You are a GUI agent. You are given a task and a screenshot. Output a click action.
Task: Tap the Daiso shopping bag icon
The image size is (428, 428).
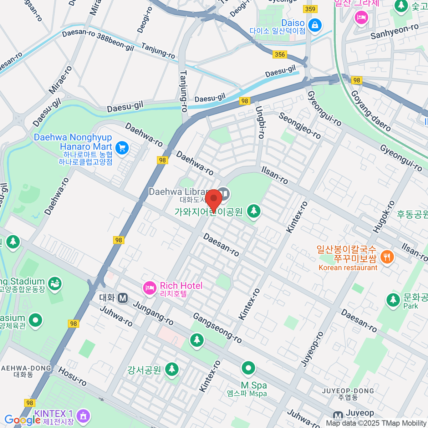coord(315,25)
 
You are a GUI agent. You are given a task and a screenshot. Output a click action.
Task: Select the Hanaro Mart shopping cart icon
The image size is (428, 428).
coord(122,148)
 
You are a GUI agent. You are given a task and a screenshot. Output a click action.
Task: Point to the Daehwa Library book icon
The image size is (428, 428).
coord(224,194)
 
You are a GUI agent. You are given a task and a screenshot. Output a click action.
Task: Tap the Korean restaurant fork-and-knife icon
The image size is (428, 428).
coord(387,257)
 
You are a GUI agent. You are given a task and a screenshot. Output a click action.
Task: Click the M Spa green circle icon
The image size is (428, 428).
coord(248,367)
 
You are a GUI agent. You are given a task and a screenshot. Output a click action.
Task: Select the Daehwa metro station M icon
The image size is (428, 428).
coord(123,297)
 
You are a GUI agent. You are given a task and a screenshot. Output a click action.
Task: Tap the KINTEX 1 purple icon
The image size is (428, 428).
coord(83,416)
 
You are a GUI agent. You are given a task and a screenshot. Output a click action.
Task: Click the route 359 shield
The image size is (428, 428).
coord(310,9)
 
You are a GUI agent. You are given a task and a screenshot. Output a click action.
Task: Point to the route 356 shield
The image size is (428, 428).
coord(280,54)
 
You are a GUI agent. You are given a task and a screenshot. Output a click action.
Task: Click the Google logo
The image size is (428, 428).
coord(22,420)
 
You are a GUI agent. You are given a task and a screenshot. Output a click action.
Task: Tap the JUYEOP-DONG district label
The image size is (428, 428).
coord(348,391)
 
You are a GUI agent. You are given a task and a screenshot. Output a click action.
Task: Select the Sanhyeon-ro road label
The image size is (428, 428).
coord(394,32)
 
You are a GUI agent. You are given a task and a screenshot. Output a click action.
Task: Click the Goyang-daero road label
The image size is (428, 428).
coord(371,111)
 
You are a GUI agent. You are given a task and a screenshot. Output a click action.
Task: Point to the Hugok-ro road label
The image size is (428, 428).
coord(383,217)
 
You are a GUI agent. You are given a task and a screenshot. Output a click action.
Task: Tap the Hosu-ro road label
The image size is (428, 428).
coord(72,377)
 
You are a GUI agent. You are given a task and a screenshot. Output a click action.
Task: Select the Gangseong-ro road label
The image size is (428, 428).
coord(217,328)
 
